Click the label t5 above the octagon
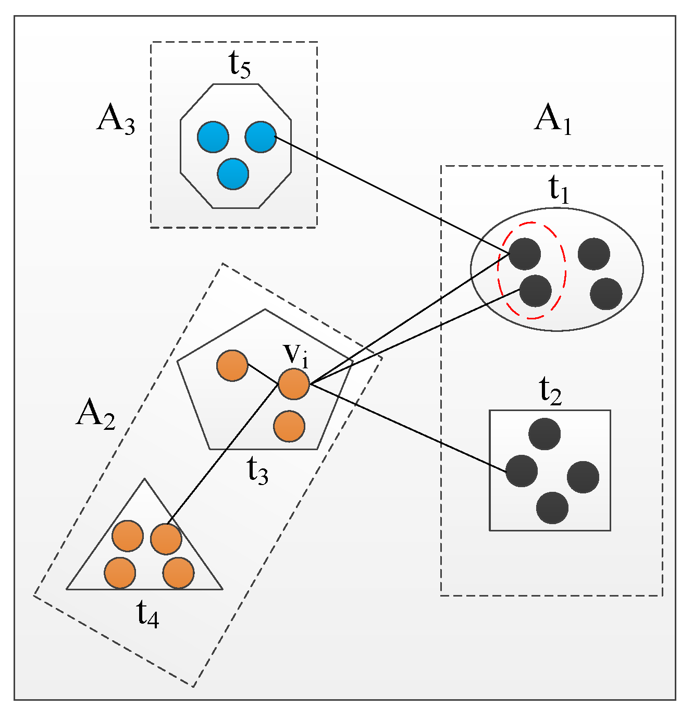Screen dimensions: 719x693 tap(240, 65)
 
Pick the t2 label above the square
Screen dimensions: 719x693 tap(550, 391)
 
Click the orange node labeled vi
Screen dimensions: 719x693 tap(294, 384)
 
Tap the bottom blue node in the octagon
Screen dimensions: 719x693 tap(233, 173)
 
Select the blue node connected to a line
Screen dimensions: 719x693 tap(261, 137)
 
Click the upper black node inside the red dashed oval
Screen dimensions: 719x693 tap(525, 254)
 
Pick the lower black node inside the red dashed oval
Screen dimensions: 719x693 tap(536, 291)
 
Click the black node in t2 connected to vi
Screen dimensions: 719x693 tap(522, 471)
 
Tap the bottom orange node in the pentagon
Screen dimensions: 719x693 tap(289, 426)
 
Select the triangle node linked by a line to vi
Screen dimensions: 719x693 tap(166, 539)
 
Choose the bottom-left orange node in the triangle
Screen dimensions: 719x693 tap(120, 573)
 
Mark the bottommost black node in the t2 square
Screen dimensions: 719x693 tap(552, 508)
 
